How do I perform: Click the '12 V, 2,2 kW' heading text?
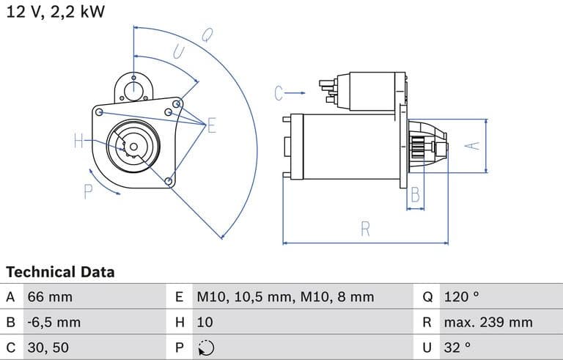(56, 11)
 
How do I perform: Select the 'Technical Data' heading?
(60, 272)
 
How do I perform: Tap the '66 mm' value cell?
(51, 297)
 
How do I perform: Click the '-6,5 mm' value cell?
(54, 322)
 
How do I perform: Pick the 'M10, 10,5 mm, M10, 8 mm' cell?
(285, 297)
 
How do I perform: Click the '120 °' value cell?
(461, 297)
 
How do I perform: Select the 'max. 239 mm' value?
(488, 322)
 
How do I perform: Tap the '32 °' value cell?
(457, 347)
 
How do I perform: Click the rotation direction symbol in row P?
(206, 348)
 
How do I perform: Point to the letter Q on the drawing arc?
(207, 34)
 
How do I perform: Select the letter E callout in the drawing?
(211, 125)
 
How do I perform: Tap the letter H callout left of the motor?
(79, 142)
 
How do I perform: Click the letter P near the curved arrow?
(89, 192)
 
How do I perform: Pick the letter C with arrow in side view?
(279, 93)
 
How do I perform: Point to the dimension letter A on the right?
(474, 145)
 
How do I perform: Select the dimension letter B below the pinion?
(415, 194)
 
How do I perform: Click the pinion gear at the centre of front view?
(133, 147)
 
